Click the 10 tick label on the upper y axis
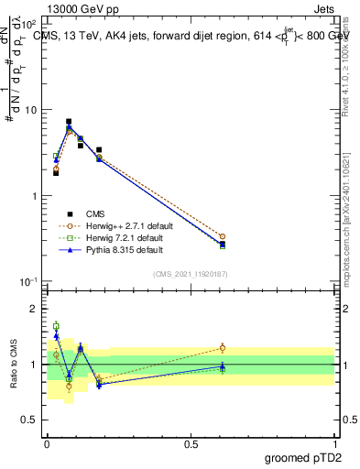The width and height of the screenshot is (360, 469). [x=28, y=110]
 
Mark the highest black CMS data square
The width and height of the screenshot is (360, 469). [x=69, y=121]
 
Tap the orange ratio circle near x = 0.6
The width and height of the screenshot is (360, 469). [x=222, y=347]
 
